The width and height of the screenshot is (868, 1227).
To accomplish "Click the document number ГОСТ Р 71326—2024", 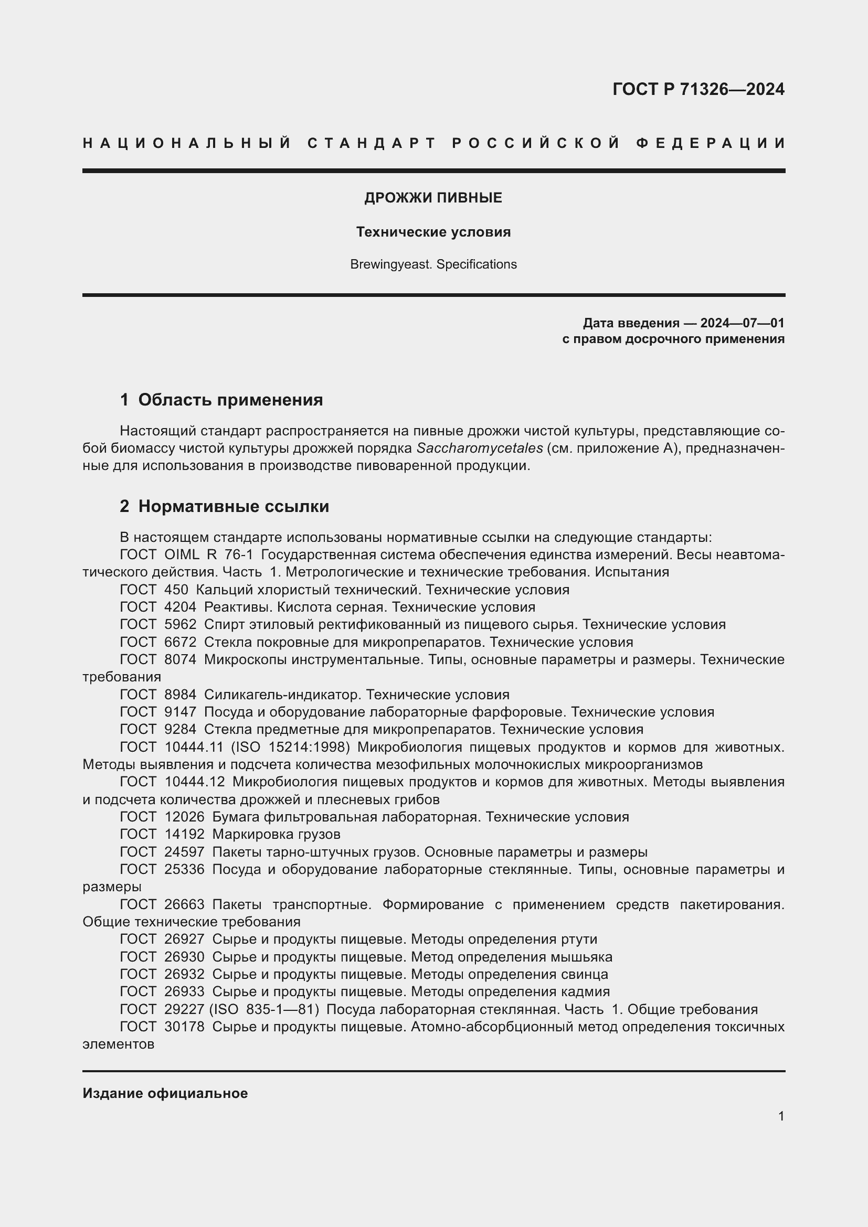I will click(698, 89).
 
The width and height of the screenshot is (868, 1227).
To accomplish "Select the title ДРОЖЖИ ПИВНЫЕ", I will click(433, 198).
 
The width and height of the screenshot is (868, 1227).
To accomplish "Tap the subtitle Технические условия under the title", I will click(433, 232).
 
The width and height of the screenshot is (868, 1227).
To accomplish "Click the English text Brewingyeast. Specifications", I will click(433, 264).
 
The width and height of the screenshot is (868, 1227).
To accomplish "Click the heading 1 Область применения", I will click(221, 400).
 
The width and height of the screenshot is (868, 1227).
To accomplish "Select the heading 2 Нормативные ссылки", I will click(225, 506).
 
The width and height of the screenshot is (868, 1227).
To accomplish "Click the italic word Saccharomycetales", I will click(480, 448).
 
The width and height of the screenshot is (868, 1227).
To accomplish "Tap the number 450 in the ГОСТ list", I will click(176, 590).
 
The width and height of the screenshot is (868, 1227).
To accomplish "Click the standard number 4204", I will click(180, 607).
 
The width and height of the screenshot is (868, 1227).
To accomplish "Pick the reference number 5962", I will click(180, 625).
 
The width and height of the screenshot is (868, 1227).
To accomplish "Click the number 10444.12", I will click(195, 782).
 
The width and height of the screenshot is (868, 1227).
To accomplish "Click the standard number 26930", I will click(184, 957).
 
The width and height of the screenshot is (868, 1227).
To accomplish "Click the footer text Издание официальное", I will click(165, 1093).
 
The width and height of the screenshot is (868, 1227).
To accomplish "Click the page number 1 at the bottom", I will click(781, 1116).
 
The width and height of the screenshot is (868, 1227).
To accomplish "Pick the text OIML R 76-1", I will click(208, 555).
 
